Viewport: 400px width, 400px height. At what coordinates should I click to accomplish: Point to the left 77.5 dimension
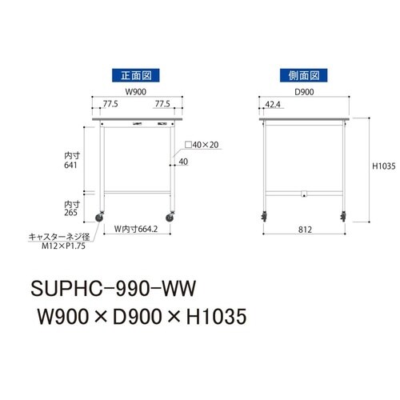(110, 104)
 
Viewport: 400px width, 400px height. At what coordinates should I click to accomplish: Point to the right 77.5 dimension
(163, 104)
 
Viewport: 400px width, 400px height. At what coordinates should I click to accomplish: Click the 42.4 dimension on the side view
(272, 104)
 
